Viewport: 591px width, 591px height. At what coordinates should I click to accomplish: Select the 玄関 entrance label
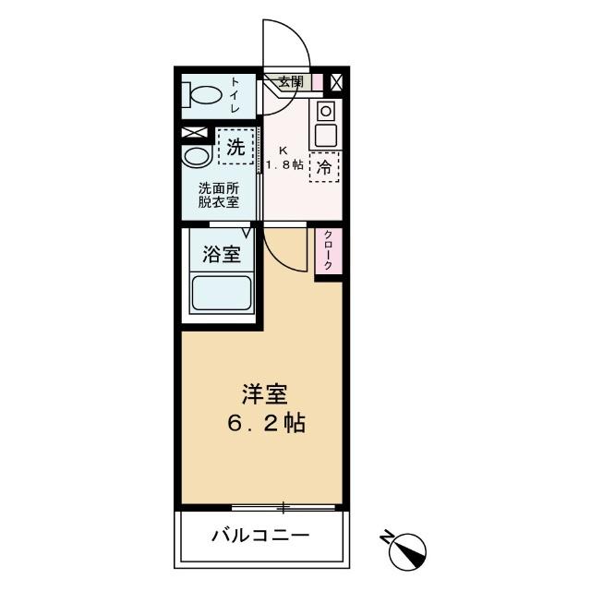pos(291,81)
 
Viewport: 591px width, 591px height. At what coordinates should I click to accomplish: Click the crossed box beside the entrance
pos(336,82)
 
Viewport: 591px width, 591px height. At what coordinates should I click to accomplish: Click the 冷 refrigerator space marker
pos(325,167)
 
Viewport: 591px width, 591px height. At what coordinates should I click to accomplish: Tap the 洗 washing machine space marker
pos(235,146)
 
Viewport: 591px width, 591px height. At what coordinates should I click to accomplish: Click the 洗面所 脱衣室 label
pos(218,196)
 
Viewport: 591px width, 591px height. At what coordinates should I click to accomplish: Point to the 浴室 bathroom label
pos(222,254)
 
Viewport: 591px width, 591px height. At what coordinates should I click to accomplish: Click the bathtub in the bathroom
pos(221,293)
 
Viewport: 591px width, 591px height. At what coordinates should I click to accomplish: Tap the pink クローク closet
pos(327,250)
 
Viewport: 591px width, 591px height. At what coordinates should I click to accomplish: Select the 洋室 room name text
pos(263,394)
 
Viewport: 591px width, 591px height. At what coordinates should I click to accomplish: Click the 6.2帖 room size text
pos(266,424)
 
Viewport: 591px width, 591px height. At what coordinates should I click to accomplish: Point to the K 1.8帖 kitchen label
pos(284,157)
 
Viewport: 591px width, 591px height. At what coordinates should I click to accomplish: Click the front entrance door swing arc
pos(286,46)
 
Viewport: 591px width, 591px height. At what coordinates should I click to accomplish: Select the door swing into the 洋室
pos(283,249)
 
